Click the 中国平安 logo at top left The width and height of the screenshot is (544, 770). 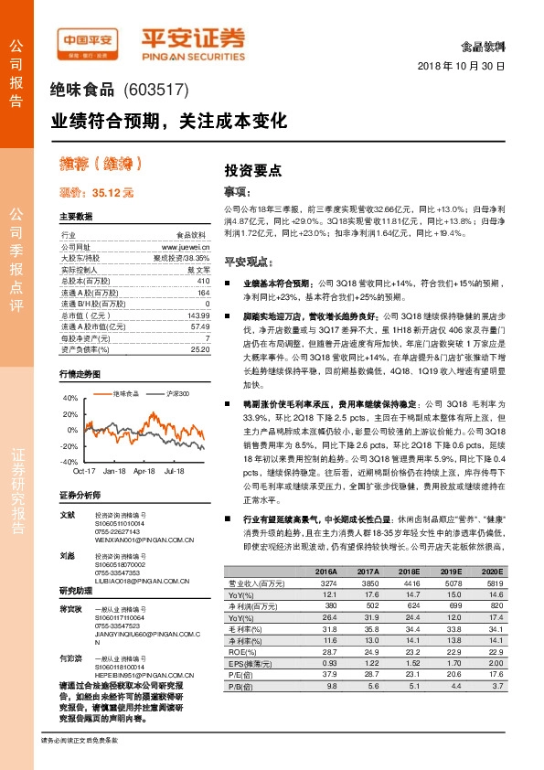(x=89, y=39)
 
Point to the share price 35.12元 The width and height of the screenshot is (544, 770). (x=112, y=193)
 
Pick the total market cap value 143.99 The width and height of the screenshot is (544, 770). (x=197, y=315)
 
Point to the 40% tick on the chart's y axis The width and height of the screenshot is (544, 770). (x=70, y=398)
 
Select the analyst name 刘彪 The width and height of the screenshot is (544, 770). (x=67, y=555)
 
